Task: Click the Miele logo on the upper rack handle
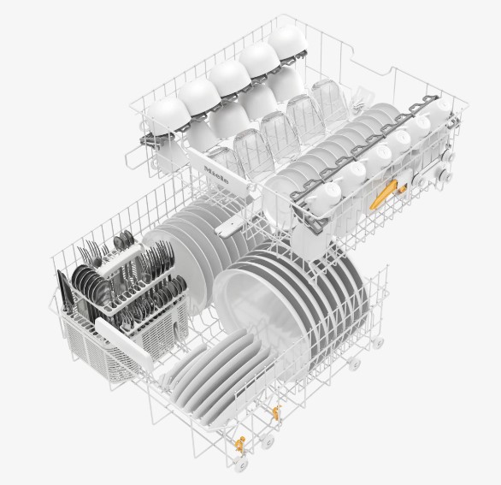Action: pyautogui.click(x=216, y=174)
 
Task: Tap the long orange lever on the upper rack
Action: pyautogui.click(x=383, y=194)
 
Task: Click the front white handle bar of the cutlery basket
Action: pyautogui.click(x=125, y=343)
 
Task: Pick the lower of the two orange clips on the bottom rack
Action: pyautogui.click(x=240, y=443)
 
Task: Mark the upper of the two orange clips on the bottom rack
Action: pyautogui.click(x=276, y=412)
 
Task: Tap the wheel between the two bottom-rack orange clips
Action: pyautogui.click(x=267, y=441)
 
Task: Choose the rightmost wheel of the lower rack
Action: pyautogui.click(x=378, y=342)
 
